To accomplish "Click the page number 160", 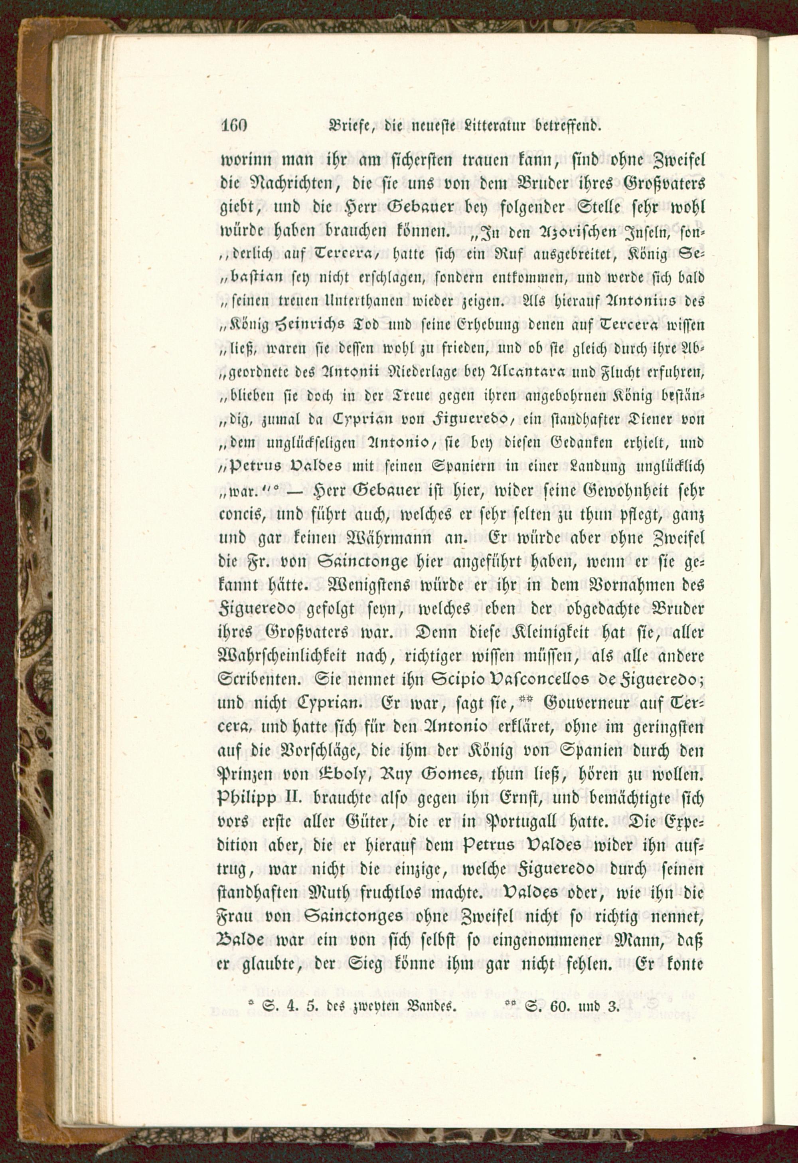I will point(234,126).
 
